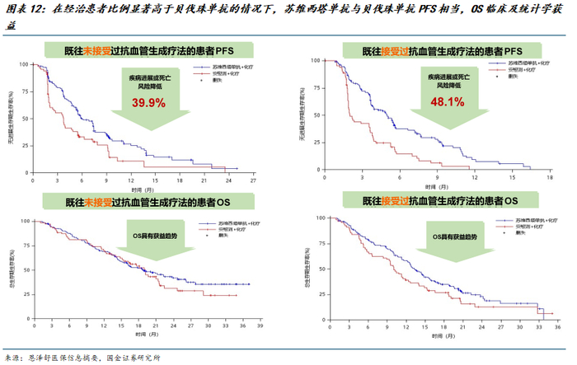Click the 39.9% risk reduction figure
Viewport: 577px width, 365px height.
(x=149, y=103)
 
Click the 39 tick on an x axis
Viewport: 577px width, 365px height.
(x=261, y=328)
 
